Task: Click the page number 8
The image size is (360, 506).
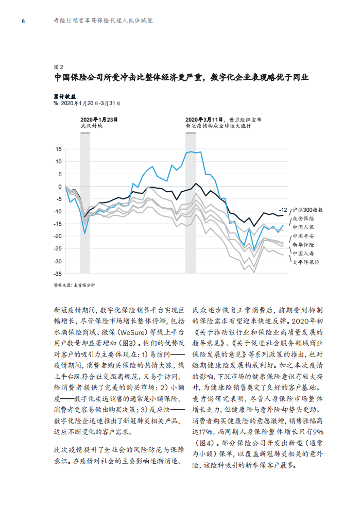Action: point(23,21)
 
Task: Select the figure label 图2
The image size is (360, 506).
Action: point(58,67)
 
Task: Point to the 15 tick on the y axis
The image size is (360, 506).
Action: point(58,149)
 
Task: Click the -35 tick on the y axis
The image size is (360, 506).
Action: point(57,274)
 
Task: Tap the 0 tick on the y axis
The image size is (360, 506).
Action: point(60,187)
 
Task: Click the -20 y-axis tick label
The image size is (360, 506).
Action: point(57,236)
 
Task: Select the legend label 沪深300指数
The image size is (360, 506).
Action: point(308,210)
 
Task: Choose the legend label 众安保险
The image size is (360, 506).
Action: point(303,218)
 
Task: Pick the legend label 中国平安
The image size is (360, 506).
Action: point(303,236)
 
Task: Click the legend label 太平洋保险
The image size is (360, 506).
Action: point(306,262)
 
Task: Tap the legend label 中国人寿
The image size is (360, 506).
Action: point(303,254)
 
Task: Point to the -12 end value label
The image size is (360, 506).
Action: point(283,210)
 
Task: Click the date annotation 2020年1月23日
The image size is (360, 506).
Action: point(99,120)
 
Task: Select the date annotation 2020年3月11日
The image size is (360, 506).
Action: point(204,120)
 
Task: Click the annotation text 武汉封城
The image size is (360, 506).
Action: point(92,126)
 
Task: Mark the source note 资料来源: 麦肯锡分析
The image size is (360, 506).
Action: point(75,285)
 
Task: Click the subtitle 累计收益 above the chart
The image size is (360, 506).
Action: point(65,97)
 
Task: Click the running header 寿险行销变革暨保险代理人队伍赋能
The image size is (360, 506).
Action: point(103,21)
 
